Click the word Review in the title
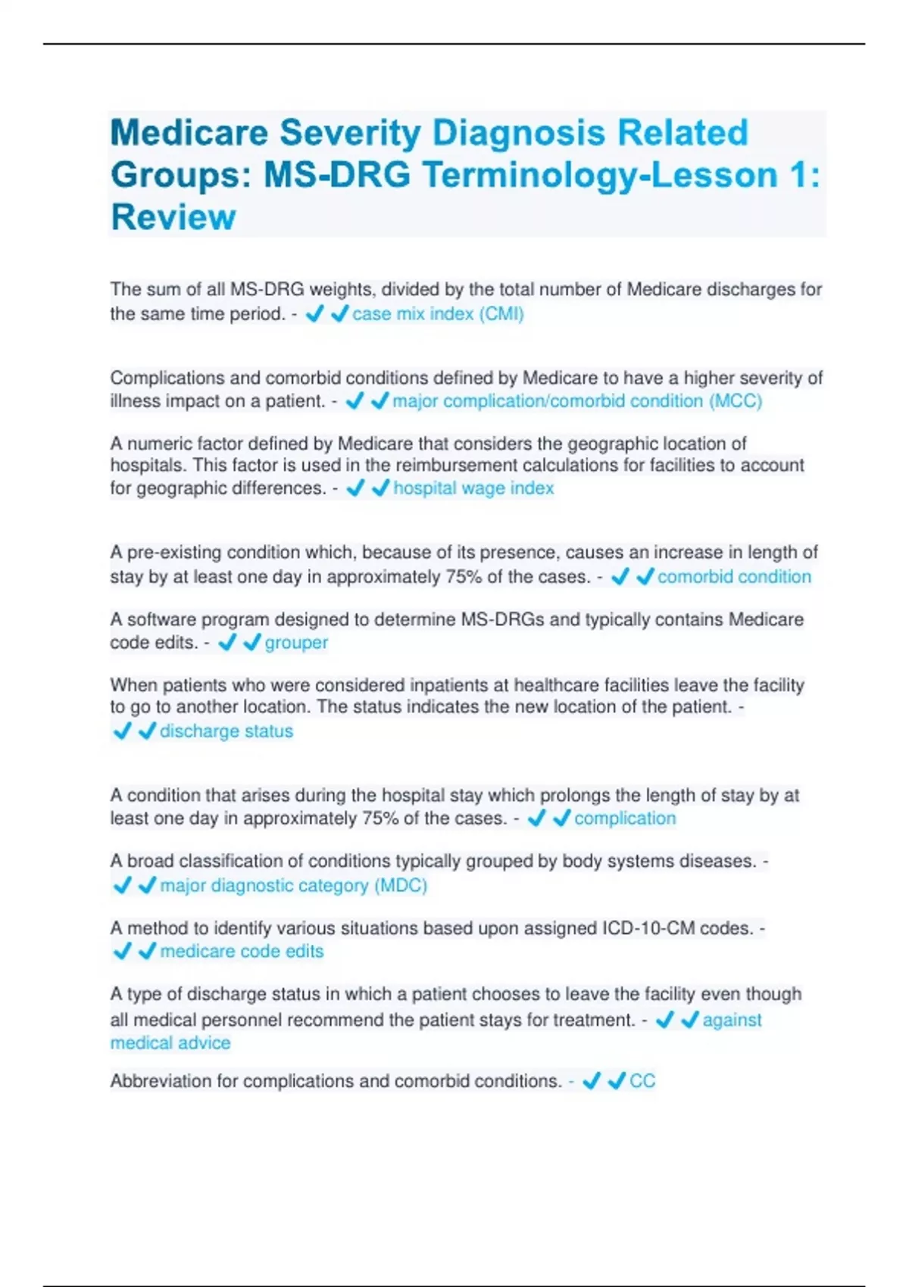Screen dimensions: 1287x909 173,217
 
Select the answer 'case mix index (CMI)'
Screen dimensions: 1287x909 438,314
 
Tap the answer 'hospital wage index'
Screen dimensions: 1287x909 473,488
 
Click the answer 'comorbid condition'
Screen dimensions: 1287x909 734,577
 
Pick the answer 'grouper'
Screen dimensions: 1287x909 296,643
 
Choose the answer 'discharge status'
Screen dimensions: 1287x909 226,731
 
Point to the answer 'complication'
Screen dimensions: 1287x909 625,818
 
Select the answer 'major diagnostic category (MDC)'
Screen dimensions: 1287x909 293,886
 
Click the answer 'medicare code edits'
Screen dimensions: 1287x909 242,952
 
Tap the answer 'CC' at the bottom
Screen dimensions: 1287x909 642,1081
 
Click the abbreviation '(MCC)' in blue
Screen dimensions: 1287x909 736,401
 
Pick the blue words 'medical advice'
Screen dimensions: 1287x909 170,1043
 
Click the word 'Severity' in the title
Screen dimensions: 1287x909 350,133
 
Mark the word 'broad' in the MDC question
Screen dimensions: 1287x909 150,862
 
